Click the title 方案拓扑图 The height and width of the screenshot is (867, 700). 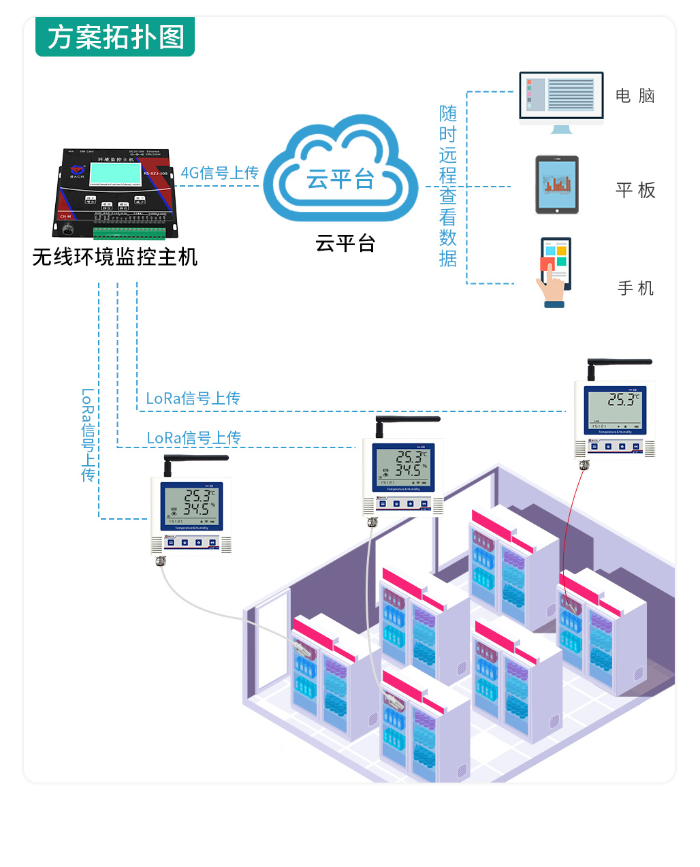116,37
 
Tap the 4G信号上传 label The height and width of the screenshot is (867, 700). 219,173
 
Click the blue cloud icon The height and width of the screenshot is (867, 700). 340,170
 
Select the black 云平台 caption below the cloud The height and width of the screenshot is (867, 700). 345,243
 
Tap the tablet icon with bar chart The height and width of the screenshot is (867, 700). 557,185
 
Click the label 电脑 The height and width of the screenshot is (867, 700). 635,96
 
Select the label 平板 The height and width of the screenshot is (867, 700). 635,190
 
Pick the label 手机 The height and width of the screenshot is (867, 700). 635,289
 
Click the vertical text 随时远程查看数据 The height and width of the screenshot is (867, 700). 447,186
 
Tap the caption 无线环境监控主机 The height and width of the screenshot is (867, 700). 115,257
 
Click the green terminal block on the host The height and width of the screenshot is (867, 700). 129,233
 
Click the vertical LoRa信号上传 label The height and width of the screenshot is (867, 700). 88,435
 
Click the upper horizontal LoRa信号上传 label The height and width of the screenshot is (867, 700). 193,398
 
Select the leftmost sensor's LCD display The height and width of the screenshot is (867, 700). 191,505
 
